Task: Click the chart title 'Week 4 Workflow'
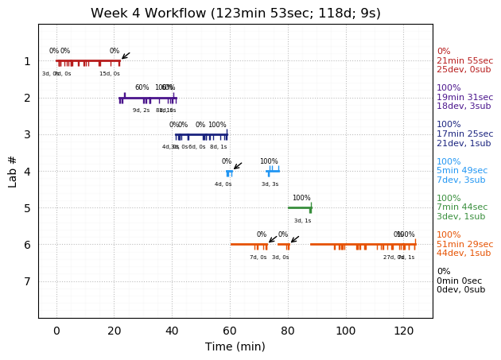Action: point(235,14)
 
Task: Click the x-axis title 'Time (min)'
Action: point(235,346)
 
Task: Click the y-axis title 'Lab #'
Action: point(13,171)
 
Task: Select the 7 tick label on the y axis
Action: point(27,281)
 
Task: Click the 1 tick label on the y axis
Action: point(27,61)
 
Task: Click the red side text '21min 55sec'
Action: point(464,61)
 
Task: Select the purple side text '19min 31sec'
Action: point(464,98)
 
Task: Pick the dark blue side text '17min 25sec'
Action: point(464,134)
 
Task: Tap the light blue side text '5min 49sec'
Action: point(462,171)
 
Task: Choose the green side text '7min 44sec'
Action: point(462,207)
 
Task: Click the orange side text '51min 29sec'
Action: point(464,244)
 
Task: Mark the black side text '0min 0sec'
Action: point(459,281)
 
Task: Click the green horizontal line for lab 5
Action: point(299,207)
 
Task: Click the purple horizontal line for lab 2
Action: point(147,98)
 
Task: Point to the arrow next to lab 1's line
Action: point(125,56)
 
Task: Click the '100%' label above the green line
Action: point(301,199)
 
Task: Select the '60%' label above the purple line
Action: point(142,88)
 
